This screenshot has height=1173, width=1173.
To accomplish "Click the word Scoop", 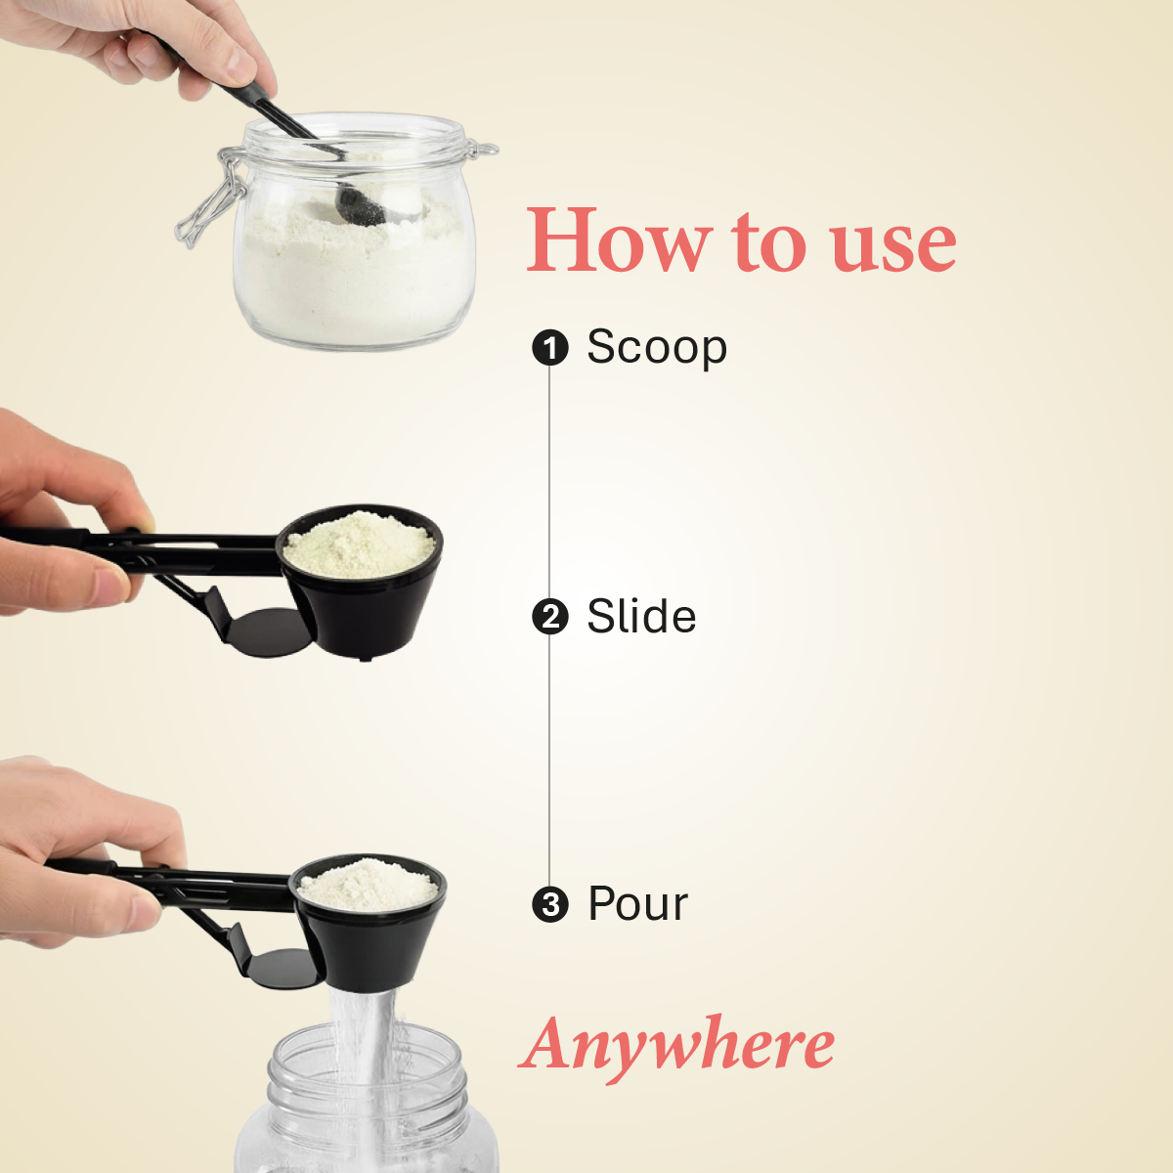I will [657, 348].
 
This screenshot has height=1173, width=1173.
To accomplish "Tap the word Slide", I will [641, 617].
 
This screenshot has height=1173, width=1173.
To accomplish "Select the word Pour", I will [637, 904].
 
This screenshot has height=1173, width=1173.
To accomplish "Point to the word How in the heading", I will [618, 240].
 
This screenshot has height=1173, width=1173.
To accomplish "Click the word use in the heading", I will [893, 244].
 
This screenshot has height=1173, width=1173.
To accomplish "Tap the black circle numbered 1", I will [550, 348].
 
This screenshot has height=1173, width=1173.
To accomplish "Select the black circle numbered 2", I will [550, 617].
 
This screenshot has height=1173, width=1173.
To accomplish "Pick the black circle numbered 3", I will [550, 904].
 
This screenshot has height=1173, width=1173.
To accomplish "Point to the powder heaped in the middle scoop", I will [359, 543].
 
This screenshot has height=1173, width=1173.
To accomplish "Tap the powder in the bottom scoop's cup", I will [369, 885].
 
